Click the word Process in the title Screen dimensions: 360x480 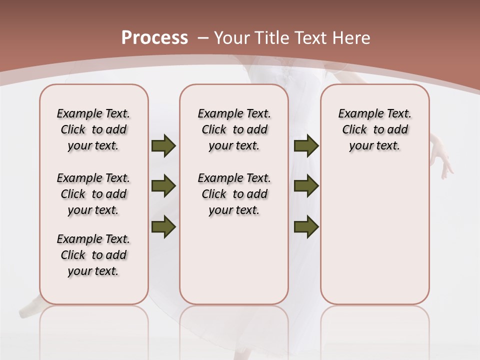[x=154, y=38]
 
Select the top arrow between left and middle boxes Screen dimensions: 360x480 [x=163, y=145]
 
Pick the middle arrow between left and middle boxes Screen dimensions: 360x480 [x=163, y=186]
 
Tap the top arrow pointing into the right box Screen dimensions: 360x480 [x=306, y=145]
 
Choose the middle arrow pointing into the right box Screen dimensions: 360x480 [x=306, y=186]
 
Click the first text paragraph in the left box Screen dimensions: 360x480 [x=93, y=129]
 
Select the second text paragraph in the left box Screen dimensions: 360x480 [x=93, y=194]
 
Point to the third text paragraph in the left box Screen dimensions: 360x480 [x=93, y=255]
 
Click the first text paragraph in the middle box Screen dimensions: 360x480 [x=234, y=129]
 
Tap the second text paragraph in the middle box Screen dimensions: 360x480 [x=234, y=194]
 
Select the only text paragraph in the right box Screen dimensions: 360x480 [x=375, y=129]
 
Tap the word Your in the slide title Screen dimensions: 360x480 [x=232, y=38]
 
